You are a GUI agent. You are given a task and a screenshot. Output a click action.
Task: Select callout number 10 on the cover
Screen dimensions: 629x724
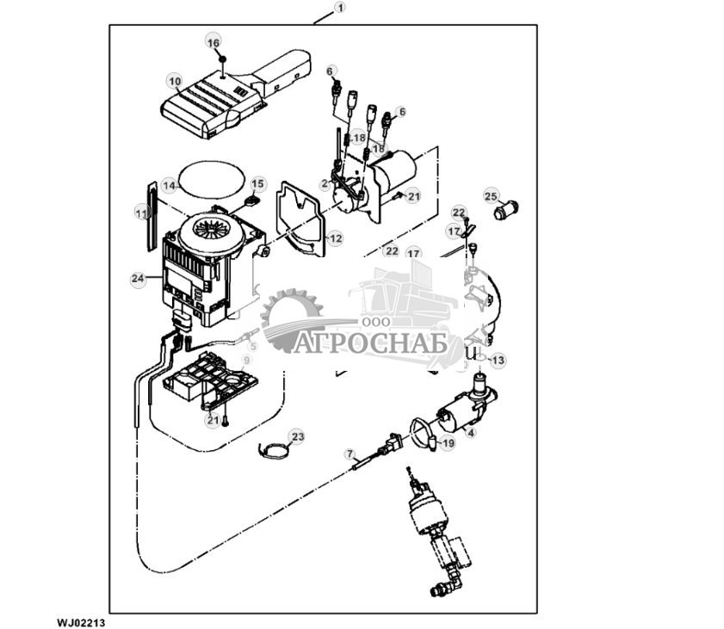pyautogui.click(x=175, y=83)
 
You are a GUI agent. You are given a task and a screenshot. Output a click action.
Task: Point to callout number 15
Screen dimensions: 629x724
pyautogui.click(x=258, y=184)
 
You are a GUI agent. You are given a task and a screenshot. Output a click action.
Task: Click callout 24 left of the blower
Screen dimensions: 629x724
pyautogui.click(x=138, y=279)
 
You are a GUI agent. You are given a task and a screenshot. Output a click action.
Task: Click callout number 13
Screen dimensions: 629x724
pyautogui.click(x=498, y=360)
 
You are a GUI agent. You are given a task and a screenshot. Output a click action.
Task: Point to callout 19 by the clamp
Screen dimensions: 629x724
pyautogui.click(x=447, y=443)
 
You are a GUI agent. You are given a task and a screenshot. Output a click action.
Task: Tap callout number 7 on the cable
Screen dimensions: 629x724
pyautogui.click(x=350, y=453)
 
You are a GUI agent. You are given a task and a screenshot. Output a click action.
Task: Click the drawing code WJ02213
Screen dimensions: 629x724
pyautogui.click(x=81, y=620)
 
